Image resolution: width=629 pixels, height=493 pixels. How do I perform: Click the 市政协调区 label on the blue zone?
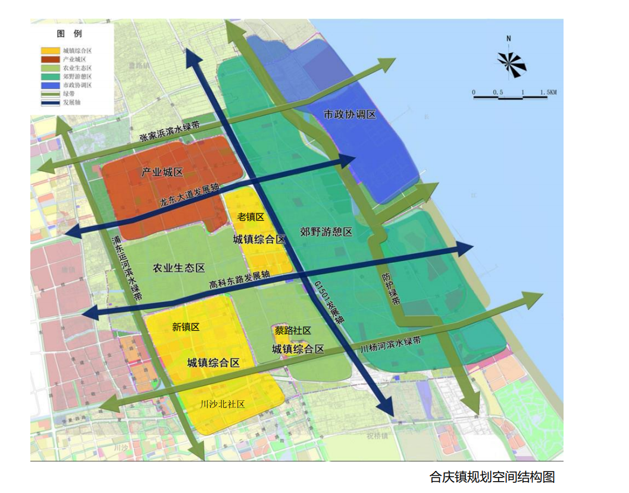pos(350,114)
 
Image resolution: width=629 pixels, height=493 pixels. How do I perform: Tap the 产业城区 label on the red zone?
pos(162,172)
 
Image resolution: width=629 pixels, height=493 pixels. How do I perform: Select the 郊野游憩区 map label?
pos(326,232)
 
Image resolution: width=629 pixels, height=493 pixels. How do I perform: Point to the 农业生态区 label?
pos(179,268)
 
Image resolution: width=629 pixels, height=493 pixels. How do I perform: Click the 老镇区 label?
pos(250,217)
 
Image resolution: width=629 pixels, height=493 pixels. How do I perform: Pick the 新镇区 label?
pos(186,326)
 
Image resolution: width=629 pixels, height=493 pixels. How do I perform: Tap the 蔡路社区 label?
pos(293,331)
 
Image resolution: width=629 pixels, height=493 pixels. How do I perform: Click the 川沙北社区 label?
pos(223,404)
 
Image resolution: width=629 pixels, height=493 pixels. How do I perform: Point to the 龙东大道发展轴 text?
pos(189,194)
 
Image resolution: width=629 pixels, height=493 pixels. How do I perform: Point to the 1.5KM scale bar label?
pos(547,92)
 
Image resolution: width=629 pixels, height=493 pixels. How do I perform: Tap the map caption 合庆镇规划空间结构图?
pos(492,477)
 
